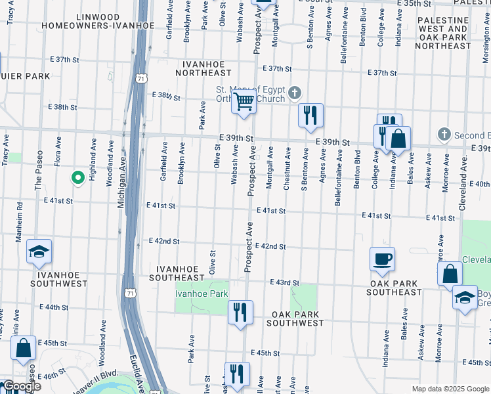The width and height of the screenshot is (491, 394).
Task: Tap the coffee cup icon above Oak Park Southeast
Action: point(382,259)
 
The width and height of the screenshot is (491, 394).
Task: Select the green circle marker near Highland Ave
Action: point(77,177)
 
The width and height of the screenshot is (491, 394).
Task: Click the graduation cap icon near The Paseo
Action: point(39,252)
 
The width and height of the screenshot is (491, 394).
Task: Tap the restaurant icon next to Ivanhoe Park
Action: point(240,311)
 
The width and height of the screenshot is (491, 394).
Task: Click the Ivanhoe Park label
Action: point(201,294)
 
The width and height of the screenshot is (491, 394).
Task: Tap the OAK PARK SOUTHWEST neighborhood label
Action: point(297,318)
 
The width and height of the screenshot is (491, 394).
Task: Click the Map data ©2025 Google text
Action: point(450,389)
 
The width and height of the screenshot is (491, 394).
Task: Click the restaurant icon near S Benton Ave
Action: point(310,114)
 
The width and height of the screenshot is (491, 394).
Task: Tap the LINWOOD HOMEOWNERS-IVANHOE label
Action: point(98,20)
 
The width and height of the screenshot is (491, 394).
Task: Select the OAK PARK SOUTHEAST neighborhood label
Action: point(404,288)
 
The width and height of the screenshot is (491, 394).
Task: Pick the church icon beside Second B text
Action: point(444,134)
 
